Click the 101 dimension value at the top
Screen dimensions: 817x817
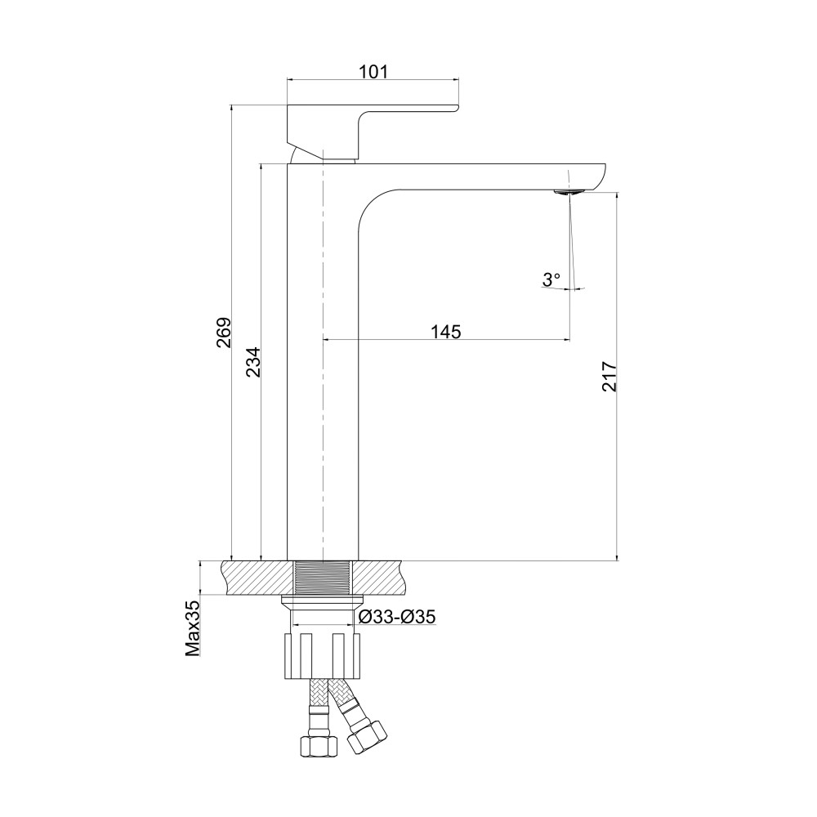(x=373, y=71)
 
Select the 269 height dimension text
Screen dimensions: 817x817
(x=224, y=333)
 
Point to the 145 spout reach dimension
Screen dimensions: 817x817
(x=447, y=332)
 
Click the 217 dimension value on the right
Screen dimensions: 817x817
(x=609, y=376)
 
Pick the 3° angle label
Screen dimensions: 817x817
(x=551, y=279)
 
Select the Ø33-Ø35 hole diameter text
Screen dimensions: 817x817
(x=398, y=617)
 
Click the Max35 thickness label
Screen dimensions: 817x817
(x=193, y=628)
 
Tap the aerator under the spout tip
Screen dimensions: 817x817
(x=568, y=192)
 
